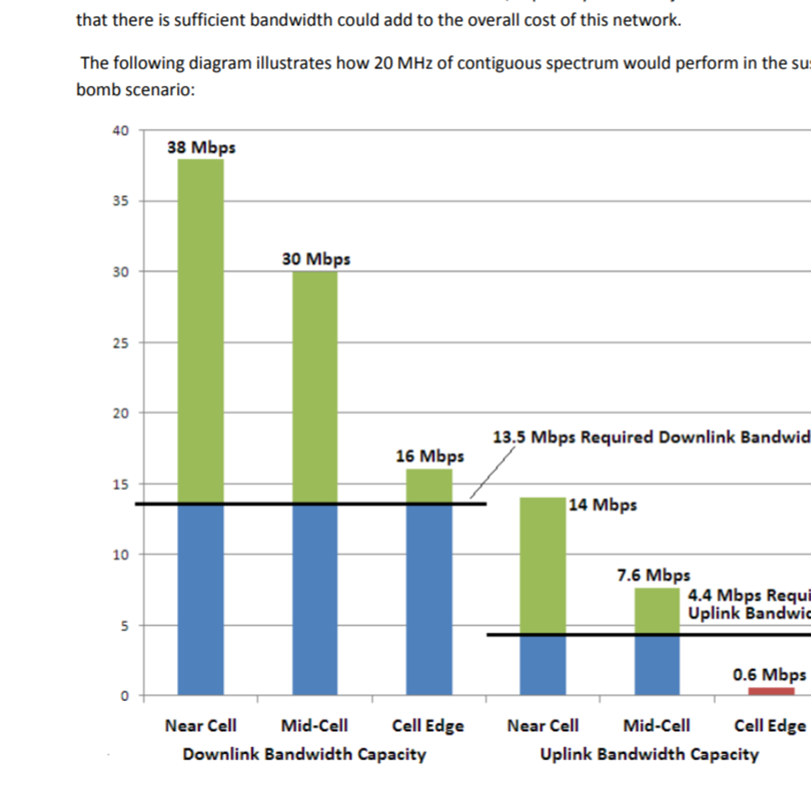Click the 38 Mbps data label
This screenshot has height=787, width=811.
[201, 148]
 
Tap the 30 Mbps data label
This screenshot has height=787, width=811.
[316, 259]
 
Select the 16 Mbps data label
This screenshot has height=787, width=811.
[429, 456]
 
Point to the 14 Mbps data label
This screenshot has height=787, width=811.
[603, 504]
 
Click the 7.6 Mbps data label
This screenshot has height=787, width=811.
[654, 575]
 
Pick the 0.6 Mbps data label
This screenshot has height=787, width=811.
[769, 674]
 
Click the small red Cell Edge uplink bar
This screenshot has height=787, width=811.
[771, 691]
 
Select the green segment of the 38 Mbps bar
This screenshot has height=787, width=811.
[201, 328]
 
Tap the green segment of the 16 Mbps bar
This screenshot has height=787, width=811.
[429, 486]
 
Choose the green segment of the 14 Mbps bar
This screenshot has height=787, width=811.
[543, 564]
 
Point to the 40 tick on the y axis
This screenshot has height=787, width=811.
[121, 131]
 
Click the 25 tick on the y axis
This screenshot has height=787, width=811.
[121, 343]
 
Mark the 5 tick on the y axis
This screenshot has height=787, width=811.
[125, 626]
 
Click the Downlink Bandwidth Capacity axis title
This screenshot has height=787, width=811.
[304, 754]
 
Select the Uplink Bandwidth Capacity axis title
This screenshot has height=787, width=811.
[649, 754]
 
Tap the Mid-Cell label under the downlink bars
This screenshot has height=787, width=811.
[315, 725]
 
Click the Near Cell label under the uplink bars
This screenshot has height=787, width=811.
[543, 725]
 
